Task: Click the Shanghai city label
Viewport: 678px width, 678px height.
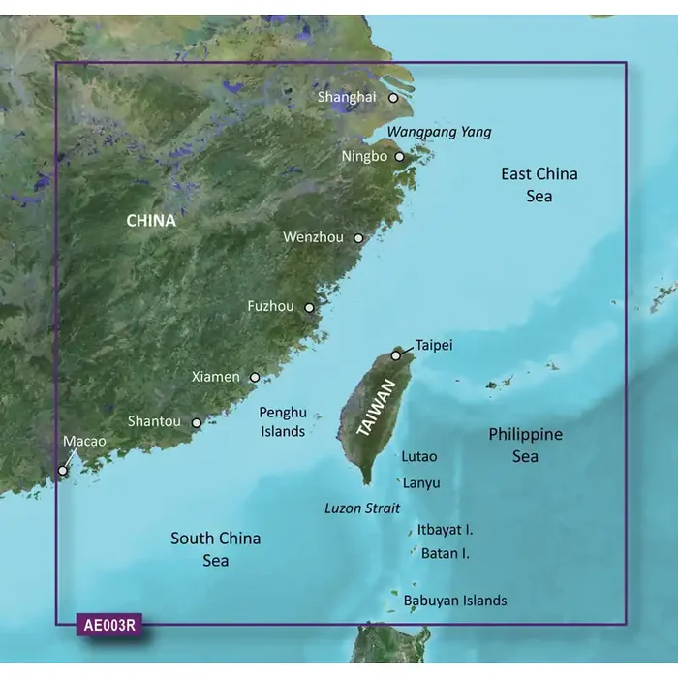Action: [347, 97]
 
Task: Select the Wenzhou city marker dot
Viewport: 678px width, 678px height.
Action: [358, 237]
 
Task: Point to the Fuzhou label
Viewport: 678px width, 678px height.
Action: [270, 307]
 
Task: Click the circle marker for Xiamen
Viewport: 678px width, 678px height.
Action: [255, 378]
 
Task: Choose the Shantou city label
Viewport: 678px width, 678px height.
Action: [154, 421]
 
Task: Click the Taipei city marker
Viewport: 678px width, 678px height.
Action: [395, 355]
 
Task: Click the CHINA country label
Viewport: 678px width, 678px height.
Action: [151, 221]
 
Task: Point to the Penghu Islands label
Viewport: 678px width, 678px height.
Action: [283, 422]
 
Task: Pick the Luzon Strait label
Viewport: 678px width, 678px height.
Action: [360, 508]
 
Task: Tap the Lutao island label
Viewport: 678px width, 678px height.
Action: [418, 456]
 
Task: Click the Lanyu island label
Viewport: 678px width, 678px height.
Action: [421, 482]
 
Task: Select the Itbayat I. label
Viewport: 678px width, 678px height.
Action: [445, 530]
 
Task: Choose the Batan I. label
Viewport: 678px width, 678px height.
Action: [446, 554]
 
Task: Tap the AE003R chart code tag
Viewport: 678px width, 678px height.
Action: [108, 625]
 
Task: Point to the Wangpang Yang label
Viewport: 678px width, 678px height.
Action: [439, 132]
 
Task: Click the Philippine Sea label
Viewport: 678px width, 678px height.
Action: [526, 446]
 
